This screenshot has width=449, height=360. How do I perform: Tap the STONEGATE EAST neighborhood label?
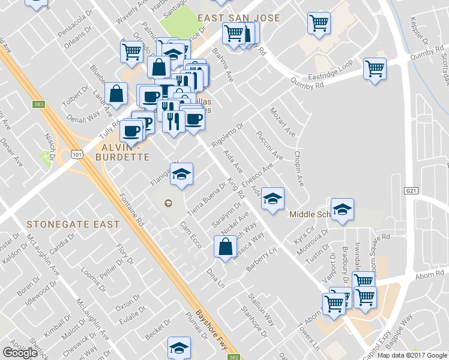73,224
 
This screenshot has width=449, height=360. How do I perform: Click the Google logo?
20,353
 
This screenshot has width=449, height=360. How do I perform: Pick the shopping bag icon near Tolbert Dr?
116,94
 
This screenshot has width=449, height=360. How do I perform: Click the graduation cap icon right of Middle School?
342,209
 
